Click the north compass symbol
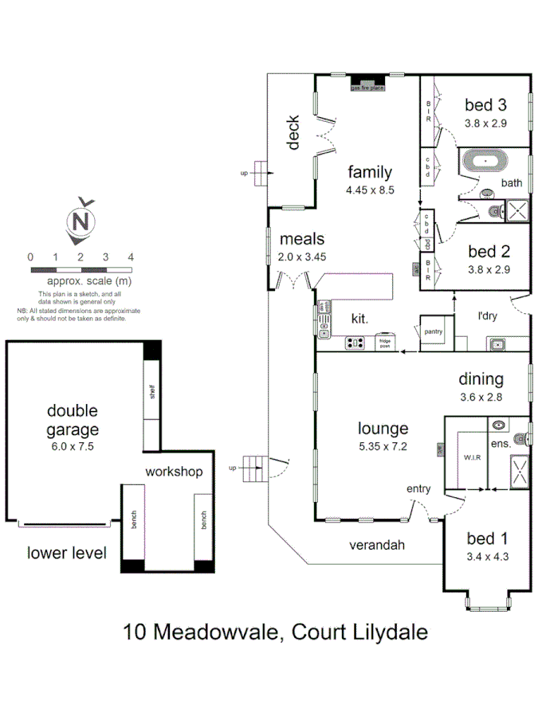tap(81, 221)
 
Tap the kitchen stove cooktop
tap(355, 343)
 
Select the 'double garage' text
tap(72, 420)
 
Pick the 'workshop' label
tap(174, 471)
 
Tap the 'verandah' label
tap(378, 546)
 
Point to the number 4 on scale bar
tap(130, 257)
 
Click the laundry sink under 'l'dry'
tap(497, 343)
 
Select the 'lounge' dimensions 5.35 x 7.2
tap(383, 446)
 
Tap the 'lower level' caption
tap(66, 553)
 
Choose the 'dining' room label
tap(480, 379)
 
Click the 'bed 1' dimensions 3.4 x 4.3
tap(486, 557)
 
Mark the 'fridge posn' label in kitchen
tap(384, 344)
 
